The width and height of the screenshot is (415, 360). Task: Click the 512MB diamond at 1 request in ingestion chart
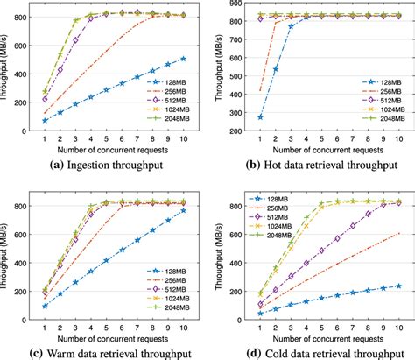[45, 98]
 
